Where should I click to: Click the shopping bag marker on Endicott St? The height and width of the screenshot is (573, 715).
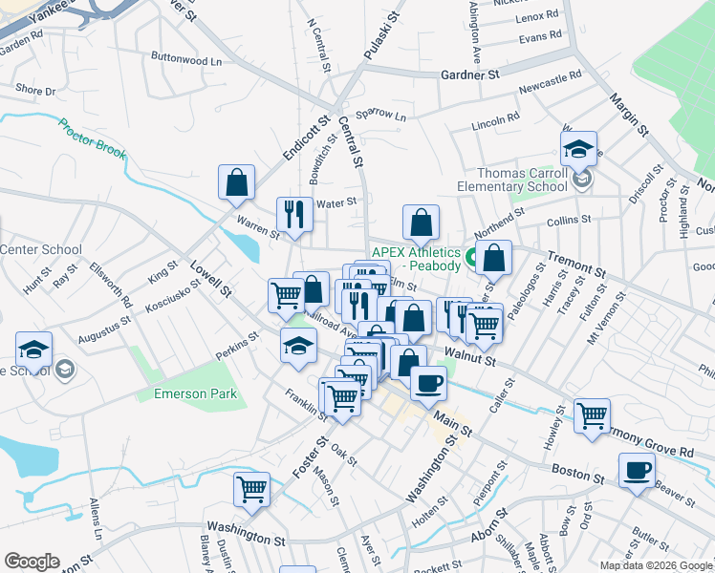(236, 181)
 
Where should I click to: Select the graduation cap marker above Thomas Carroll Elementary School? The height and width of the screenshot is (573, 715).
(578, 148)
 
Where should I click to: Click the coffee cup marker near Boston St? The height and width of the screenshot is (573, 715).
(637, 470)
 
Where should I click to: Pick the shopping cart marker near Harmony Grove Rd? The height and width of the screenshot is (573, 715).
(593, 416)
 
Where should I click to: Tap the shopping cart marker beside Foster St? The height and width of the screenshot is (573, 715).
(252, 490)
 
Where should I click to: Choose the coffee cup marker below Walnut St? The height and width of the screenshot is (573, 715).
(428, 382)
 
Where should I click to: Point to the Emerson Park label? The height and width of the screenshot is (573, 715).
(195, 393)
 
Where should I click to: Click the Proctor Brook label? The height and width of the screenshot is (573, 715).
(92, 138)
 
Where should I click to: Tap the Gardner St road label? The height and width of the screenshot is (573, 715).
(470, 74)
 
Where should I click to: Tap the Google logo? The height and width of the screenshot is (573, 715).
(32, 561)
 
